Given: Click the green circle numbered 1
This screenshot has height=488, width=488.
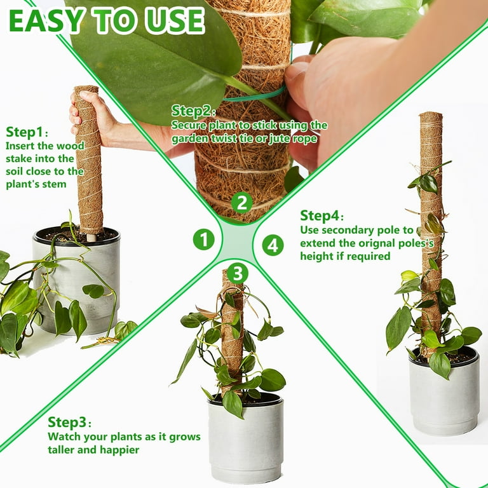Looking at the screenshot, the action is tap(204, 240).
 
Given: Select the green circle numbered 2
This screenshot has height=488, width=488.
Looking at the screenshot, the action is tap(242, 203).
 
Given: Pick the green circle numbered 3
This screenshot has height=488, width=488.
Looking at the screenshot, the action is tap(238, 274).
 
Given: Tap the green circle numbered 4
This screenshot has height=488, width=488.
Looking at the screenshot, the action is tap(273, 245).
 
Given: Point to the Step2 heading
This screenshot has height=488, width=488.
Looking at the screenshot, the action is tap(193, 111).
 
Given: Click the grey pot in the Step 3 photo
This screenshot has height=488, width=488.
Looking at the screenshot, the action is tap(246, 439).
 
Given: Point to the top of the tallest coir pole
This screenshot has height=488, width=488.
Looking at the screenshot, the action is tap(431, 114).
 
